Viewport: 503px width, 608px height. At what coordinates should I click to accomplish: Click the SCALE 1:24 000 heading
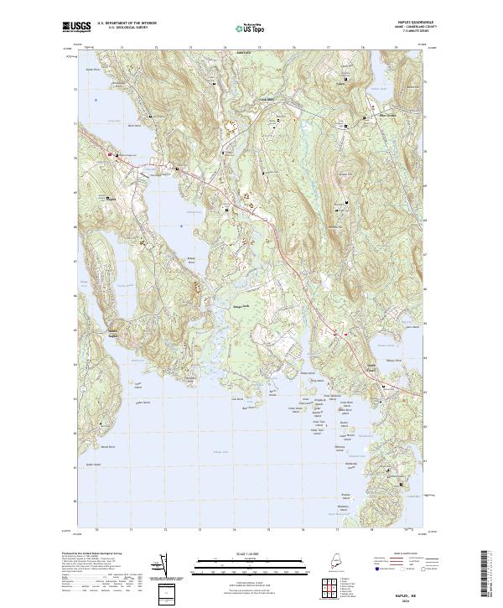pyautogui.click(x=251, y=553)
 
